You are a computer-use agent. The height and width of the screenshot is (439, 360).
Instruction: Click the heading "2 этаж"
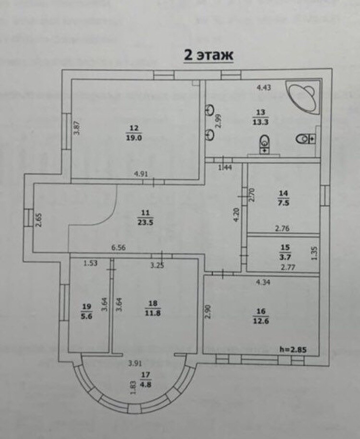pyautogui.click(x=209, y=55)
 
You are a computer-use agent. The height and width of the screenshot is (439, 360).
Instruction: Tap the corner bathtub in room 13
pyautogui.click(x=302, y=96)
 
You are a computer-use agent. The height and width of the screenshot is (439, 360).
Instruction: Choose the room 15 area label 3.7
pyautogui.click(x=285, y=255)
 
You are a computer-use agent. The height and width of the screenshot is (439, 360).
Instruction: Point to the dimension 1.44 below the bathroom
pyautogui.click(x=225, y=167)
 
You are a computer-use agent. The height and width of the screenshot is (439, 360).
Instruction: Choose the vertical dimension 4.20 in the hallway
pyautogui.click(x=236, y=214)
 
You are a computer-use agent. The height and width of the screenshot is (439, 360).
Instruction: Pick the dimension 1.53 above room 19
pyautogui.click(x=90, y=263)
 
